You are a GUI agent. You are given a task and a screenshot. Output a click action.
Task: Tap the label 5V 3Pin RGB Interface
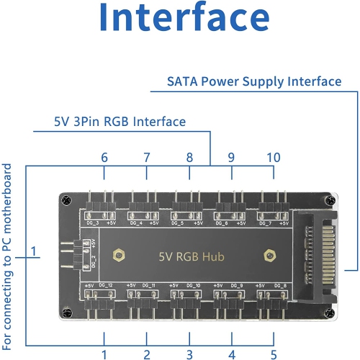pos(110,122)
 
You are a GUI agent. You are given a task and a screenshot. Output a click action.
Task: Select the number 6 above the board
pos(104,158)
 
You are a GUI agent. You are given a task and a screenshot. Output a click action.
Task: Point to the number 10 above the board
pos(274,158)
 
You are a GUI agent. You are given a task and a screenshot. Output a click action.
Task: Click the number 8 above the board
pos(189,158)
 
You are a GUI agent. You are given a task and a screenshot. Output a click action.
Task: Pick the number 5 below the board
pos(274,354)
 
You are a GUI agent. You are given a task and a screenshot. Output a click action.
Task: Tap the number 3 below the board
pos(189,354)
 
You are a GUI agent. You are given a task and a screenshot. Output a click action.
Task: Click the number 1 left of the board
pos(33,252)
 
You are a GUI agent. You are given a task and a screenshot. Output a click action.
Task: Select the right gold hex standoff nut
pos(268,254)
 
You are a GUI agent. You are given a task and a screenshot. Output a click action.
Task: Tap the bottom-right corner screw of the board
pos(330,314)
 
